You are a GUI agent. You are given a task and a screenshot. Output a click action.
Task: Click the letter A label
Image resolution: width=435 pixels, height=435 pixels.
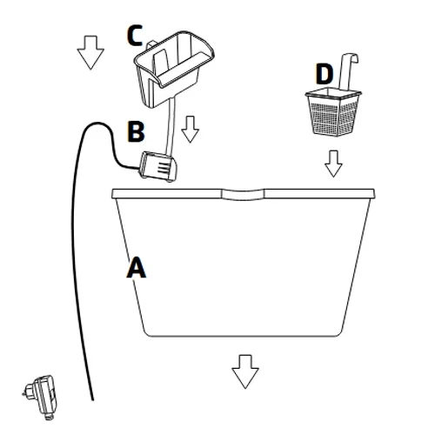click(x=136, y=268)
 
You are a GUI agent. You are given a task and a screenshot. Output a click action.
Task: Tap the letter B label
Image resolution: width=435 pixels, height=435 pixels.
click(x=136, y=131)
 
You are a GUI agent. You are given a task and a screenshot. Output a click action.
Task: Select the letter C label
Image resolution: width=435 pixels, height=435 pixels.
click(x=135, y=36)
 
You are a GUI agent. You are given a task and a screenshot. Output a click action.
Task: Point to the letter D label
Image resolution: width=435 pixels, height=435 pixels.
click(x=325, y=74)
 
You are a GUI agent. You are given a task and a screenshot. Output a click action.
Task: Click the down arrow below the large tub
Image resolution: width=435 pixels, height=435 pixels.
click(x=245, y=371)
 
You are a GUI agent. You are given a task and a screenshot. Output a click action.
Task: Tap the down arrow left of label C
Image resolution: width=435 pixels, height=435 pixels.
click(x=90, y=52)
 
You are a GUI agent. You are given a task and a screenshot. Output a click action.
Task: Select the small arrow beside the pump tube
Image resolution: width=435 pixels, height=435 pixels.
click(x=190, y=130)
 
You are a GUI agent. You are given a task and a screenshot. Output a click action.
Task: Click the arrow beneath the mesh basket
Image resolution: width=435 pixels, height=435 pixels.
click(x=333, y=164)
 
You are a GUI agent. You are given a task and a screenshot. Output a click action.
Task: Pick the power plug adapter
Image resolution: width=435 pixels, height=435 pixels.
click(x=42, y=398)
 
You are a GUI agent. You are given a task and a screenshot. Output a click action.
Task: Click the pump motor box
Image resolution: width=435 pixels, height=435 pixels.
click(x=158, y=167)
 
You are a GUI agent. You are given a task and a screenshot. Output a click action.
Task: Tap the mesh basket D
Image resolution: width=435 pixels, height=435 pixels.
click(x=333, y=111)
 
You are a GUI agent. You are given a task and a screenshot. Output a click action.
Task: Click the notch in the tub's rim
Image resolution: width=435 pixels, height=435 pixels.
click(x=243, y=195)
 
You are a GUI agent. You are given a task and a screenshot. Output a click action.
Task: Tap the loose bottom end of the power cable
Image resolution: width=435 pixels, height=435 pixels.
click(x=92, y=399)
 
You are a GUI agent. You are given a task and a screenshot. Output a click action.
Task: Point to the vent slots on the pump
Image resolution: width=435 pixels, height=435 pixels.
click(x=164, y=168)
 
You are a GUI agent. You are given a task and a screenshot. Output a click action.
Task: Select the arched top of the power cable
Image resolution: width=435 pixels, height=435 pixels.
click(x=97, y=124)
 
